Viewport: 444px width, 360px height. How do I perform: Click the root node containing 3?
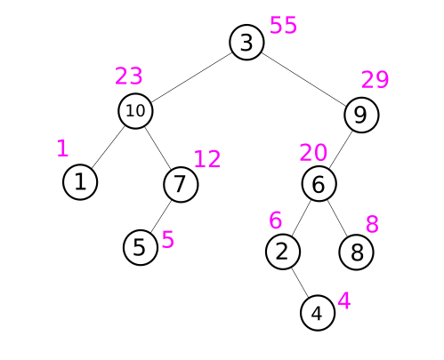246,43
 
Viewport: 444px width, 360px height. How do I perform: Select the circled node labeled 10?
135,111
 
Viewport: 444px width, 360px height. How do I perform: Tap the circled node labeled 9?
361,115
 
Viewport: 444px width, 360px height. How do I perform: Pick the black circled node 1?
80,182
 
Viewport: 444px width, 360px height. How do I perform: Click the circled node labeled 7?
181,184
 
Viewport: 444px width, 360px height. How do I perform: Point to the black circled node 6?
319,184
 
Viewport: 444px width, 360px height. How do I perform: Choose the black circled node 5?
141,247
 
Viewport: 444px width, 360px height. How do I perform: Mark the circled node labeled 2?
283,252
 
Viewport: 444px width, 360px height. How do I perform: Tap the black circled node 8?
356,252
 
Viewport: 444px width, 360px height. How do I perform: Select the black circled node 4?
318,313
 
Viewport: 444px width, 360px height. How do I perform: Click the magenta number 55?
283,25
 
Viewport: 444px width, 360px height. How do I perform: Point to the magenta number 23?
129,76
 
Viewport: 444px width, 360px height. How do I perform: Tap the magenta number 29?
375,80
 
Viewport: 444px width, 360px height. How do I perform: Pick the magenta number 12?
207,159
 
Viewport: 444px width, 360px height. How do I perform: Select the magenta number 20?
313,153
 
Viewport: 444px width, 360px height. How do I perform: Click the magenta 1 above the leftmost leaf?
62,148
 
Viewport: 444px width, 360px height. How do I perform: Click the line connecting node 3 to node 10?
191,77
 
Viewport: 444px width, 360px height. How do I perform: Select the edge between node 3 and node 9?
304,79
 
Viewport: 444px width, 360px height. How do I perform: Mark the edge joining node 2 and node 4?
300,283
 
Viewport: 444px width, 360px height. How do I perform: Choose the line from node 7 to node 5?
161,216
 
